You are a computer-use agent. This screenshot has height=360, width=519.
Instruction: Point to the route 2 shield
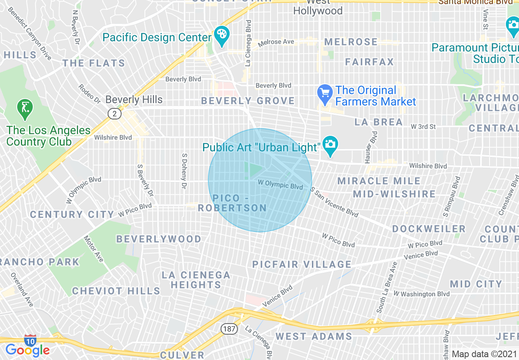pyautogui.click(x=115, y=114)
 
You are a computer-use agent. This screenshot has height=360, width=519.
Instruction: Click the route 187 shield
pyautogui.click(x=229, y=328)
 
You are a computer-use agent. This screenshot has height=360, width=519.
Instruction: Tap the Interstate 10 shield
pyautogui.click(x=30, y=340)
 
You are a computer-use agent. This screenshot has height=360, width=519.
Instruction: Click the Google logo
pyautogui.click(x=27, y=350)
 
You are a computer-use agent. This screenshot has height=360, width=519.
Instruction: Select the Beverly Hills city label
pyautogui.click(x=134, y=99)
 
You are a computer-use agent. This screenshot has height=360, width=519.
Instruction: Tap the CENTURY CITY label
pyautogui.click(x=72, y=214)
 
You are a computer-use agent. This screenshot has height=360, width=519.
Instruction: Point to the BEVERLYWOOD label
pyautogui.click(x=159, y=239)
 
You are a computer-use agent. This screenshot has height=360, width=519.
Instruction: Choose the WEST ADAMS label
pyautogui.click(x=314, y=336)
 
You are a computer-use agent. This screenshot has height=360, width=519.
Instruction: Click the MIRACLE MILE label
pyautogui.click(x=379, y=181)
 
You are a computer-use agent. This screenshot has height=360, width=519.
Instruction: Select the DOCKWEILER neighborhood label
pyautogui.click(x=429, y=229)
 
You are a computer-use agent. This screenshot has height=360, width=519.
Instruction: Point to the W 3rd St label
pyautogui.click(x=424, y=126)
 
